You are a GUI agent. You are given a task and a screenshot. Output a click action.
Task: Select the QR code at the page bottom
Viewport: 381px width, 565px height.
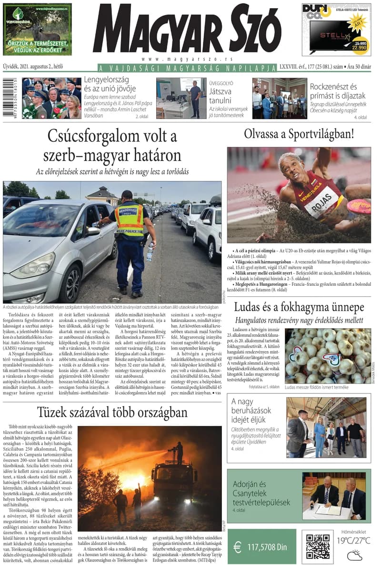318,546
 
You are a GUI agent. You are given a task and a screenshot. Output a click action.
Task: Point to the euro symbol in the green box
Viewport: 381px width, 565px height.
237,547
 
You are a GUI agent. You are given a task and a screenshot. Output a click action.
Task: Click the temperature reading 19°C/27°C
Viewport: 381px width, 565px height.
354,540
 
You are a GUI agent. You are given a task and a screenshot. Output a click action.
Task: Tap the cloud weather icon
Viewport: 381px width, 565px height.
354,555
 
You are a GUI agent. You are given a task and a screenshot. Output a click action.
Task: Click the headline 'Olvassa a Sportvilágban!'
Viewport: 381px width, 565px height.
299,134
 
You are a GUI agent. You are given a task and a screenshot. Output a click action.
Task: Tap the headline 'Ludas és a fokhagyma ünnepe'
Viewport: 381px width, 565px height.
299,307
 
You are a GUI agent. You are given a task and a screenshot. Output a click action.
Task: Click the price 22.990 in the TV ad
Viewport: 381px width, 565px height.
360,47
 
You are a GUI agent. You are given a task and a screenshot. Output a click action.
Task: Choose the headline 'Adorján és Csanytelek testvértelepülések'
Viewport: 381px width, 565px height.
261,493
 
